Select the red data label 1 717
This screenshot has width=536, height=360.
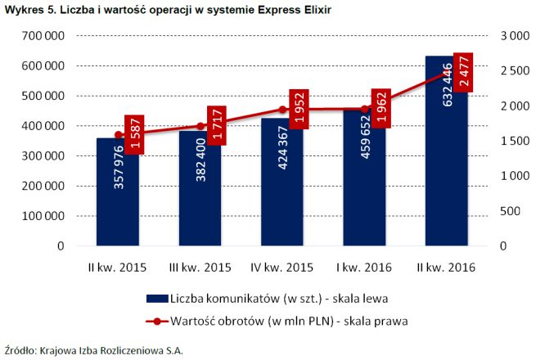click(x=216, y=127)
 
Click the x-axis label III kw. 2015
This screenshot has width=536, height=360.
click(x=199, y=267)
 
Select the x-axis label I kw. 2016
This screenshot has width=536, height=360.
click(x=364, y=267)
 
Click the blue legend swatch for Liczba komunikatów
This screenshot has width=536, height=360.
click(x=155, y=297)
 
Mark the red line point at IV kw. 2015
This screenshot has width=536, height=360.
click(x=282, y=110)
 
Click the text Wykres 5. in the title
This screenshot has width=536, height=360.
click(x=27, y=8)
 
